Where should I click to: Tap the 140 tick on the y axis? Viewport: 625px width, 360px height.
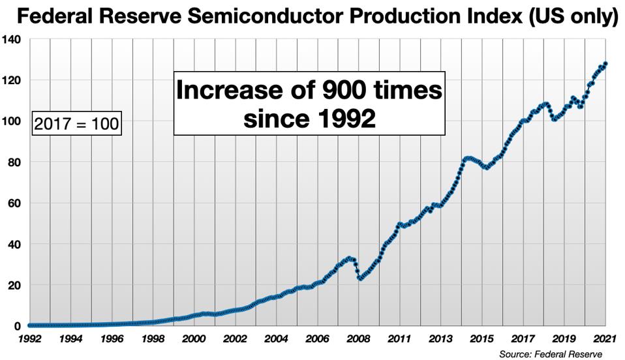click(12, 40)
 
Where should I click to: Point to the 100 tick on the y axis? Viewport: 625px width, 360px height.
click(12, 121)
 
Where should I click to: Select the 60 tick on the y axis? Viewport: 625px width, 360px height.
click(15, 203)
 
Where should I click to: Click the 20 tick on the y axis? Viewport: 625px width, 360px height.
click(15, 285)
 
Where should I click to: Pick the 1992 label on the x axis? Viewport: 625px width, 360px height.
click(30, 339)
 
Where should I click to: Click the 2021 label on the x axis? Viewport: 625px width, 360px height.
click(607, 339)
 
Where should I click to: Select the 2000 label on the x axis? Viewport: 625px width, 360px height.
click(194, 339)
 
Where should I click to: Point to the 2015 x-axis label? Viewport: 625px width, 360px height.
click(482, 339)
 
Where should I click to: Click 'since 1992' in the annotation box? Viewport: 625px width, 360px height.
click(309, 118)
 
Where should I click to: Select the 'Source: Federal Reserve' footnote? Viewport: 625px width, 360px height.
click(550, 354)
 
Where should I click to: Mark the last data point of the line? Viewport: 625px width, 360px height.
click(605, 64)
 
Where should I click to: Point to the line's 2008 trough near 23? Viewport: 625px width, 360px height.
click(360, 278)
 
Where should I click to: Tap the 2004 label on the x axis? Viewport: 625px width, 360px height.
click(277, 339)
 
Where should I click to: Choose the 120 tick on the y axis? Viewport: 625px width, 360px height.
click(12, 80)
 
